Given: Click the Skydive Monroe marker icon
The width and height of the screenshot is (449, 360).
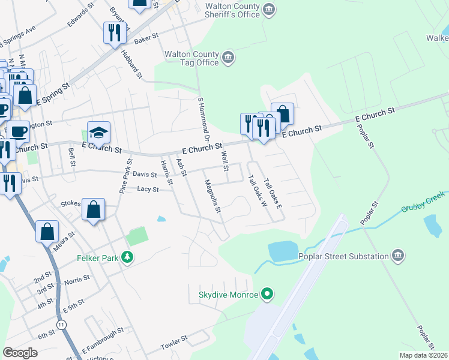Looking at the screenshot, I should pyautogui.click(x=268, y=295).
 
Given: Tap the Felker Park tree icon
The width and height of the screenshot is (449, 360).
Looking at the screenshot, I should pyautogui.click(x=127, y=257).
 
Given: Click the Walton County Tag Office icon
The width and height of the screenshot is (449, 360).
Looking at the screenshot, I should pyautogui.click(x=228, y=58).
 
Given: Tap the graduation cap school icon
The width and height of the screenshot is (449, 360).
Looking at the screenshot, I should pyautogui.click(x=98, y=133).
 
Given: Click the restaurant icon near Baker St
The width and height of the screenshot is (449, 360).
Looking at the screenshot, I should pyautogui.click(x=115, y=32).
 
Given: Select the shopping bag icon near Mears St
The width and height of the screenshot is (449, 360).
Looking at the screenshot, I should pyautogui.click(x=47, y=232).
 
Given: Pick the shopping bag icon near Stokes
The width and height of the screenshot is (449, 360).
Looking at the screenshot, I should pyautogui.click(x=94, y=210).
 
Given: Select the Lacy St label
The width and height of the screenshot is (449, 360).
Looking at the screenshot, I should pyautogui.click(x=147, y=189).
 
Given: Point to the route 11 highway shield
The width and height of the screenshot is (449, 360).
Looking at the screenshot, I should pyautogui.click(x=61, y=324).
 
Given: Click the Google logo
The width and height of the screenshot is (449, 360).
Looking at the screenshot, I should pyautogui.click(x=20, y=353).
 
